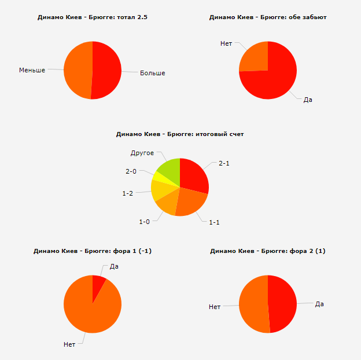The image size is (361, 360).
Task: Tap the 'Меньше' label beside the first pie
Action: (x=32, y=70)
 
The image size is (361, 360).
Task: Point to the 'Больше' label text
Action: (x=153, y=73)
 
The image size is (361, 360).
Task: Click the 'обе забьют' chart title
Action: (x=268, y=17)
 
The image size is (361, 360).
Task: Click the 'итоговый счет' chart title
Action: (x=180, y=134)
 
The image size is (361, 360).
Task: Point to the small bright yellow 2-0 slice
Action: (x=159, y=176)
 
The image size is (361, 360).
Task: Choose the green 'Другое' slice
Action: (x=170, y=170)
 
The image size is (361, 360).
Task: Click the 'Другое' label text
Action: (x=142, y=153)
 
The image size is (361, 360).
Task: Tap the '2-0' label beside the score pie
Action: (x=131, y=171)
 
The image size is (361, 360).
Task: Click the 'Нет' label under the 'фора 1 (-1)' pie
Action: (x=69, y=344)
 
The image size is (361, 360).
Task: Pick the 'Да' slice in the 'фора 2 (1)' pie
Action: (x=282, y=303)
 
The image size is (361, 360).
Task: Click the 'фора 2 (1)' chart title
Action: (x=268, y=251)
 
